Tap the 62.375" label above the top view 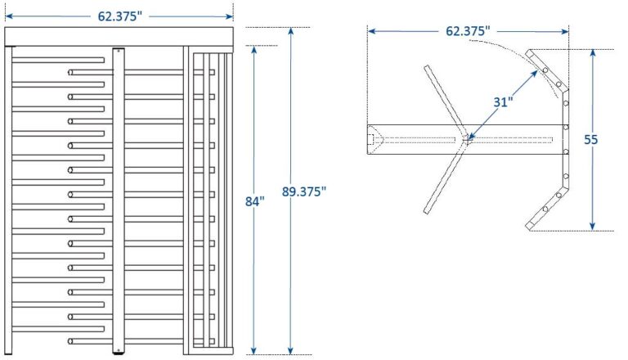tap(468, 30)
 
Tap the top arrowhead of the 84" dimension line tap(255, 49)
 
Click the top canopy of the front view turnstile tap(119, 37)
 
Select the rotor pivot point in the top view tap(465, 139)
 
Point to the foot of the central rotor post tap(118, 353)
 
